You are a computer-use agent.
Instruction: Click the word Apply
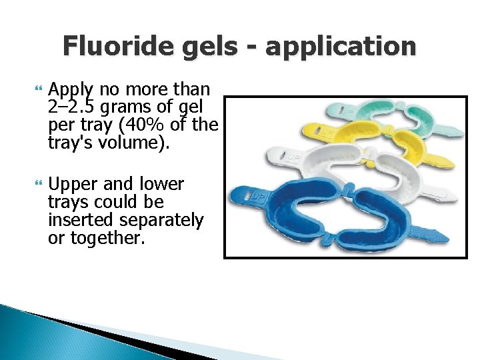[x=73, y=91]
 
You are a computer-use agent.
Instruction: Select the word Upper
[x=73, y=184]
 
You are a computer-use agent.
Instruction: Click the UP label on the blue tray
[x=257, y=197]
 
